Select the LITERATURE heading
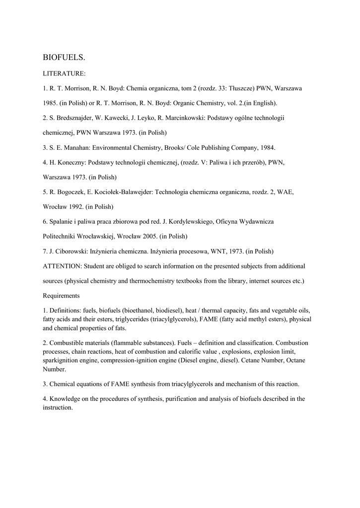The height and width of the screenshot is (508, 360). [65, 73]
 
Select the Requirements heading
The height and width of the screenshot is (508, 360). [62, 296]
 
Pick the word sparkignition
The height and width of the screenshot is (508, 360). [62, 361]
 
